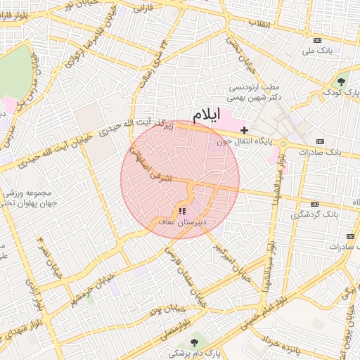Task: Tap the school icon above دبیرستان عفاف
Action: tap(182, 210)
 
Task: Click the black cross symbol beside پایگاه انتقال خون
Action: tap(244, 130)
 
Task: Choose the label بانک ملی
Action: tap(318, 51)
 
